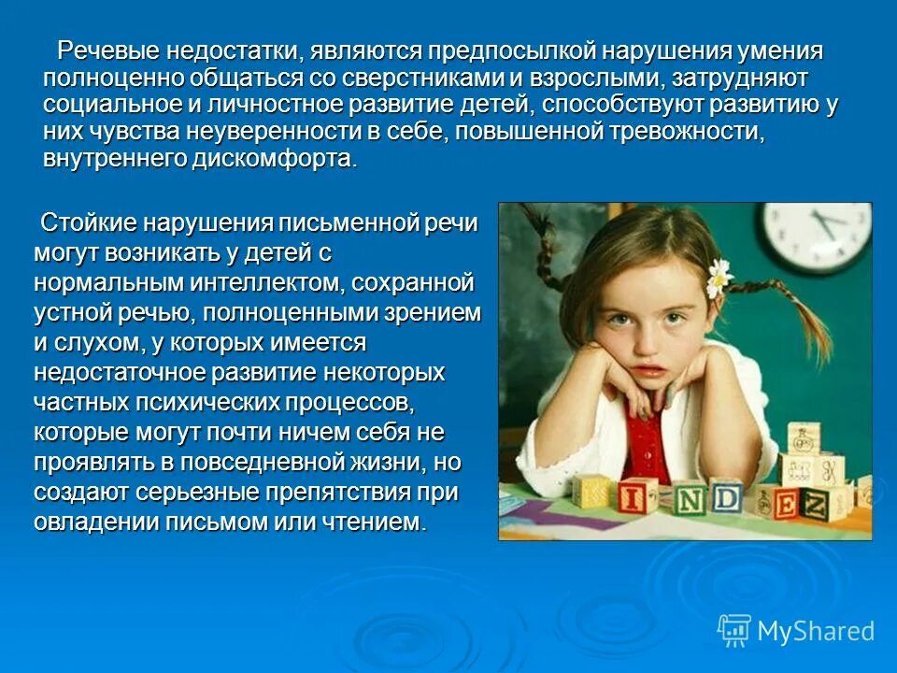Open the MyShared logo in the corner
(796, 631)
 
